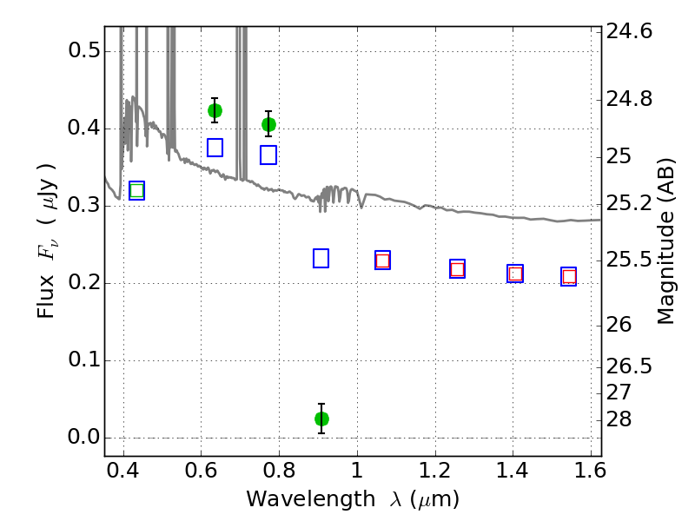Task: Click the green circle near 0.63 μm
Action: tap(215, 110)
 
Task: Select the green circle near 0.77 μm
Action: tap(268, 124)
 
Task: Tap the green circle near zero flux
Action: tap(321, 419)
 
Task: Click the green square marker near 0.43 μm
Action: tap(137, 190)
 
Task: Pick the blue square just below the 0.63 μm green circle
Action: tap(215, 148)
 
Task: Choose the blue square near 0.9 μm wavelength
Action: tap(321, 258)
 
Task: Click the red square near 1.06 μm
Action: tap(382, 260)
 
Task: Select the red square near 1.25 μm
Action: tap(458, 269)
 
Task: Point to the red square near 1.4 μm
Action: tap(515, 274)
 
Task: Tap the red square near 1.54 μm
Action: tap(569, 277)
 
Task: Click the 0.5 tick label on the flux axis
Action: tap(84, 50)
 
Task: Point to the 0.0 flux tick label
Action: tap(84, 438)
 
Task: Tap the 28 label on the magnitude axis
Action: tap(619, 419)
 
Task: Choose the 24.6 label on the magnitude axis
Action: tap(629, 31)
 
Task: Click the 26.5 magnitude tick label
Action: tap(629, 366)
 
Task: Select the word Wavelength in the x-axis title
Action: tap(311, 499)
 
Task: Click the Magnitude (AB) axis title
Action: tap(665, 241)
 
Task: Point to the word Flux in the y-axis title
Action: tap(46, 297)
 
